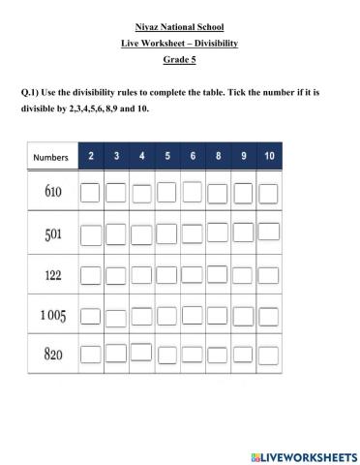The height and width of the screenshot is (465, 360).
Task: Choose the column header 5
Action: [165, 156]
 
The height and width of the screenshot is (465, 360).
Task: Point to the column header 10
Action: [268, 156]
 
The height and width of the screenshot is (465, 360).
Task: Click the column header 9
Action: [242, 156]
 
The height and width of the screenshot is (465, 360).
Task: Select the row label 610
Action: [53, 191]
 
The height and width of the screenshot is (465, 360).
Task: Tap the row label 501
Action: [53, 233]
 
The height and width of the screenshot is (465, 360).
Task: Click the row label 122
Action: [53, 275]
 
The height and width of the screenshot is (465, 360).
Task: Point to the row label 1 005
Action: [53, 316]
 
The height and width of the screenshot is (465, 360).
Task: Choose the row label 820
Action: [53, 356]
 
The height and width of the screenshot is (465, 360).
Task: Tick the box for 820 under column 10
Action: [268, 356]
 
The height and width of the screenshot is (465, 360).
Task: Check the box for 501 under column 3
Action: [115, 233]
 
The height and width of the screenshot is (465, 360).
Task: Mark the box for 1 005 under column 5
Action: [165, 316]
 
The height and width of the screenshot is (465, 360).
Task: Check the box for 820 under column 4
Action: [140, 356]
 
